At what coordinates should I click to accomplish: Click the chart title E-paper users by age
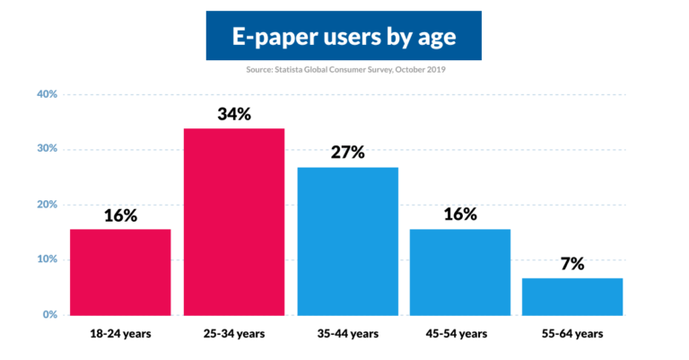pos(344,37)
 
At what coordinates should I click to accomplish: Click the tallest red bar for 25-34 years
pos(234,222)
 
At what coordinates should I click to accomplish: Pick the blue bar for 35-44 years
pos(348,241)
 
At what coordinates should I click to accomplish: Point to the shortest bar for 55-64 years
pos(572,296)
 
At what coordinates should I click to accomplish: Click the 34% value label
pos(234,114)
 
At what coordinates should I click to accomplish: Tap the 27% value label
pos(346,153)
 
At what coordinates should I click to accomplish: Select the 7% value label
pos(572,264)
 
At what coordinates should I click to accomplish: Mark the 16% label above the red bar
pos(120,215)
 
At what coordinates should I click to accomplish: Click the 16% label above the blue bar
pos(459,215)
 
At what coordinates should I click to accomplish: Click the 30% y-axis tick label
pos(46,149)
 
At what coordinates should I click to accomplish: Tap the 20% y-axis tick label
pos(46,205)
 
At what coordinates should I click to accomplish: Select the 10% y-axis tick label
pos(46,259)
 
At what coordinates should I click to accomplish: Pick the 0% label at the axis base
pos(48,315)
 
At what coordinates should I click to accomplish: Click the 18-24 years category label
pos(120,334)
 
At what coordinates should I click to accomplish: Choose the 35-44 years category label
pos(347,334)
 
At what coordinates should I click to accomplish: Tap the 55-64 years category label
pos(572,334)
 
